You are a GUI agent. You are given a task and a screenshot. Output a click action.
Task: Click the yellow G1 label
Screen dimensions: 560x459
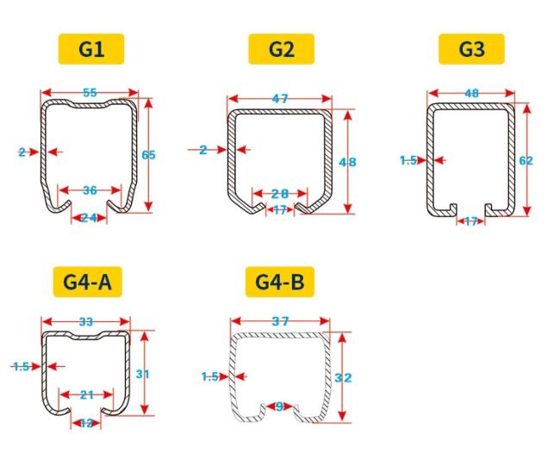point(91,49)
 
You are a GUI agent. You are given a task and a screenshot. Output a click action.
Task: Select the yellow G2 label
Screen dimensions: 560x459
point(282,49)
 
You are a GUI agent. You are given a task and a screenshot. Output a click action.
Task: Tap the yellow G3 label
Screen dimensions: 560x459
point(471,49)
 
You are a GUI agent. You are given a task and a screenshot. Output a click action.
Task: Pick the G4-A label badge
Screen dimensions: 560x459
point(88,282)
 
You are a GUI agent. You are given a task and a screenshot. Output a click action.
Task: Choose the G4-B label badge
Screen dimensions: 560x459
point(280,282)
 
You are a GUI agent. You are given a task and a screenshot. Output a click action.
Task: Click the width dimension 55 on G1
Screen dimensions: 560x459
point(90,93)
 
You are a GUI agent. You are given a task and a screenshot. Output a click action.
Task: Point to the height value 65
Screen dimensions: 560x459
point(148,155)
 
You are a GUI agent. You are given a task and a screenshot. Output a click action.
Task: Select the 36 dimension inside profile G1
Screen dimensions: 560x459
point(90,190)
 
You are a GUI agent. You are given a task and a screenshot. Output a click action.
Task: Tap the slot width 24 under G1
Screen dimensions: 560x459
point(89,217)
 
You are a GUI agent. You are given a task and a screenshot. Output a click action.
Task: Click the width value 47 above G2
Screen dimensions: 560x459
point(280,98)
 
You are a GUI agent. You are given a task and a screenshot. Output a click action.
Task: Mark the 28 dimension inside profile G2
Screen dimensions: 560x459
point(280,194)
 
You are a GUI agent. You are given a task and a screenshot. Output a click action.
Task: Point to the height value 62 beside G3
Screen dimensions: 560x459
point(526,161)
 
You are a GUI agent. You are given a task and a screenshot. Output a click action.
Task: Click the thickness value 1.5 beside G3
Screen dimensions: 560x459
point(408,161)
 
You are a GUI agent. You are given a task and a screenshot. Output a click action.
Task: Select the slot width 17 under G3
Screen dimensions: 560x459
point(471,221)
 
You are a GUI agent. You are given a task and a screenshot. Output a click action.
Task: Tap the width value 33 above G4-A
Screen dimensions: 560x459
point(85,322)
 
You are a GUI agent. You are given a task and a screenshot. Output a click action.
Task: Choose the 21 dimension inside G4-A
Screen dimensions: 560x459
point(87,394)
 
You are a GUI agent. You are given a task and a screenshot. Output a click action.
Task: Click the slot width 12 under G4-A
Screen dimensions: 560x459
point(86,424)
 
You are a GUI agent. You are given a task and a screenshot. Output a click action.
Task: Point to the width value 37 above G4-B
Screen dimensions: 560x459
point(280,321)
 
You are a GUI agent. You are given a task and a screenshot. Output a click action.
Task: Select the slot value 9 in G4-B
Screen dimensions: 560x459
point(280,406)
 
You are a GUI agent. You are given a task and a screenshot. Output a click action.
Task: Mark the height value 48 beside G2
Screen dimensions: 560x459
point(347,163)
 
